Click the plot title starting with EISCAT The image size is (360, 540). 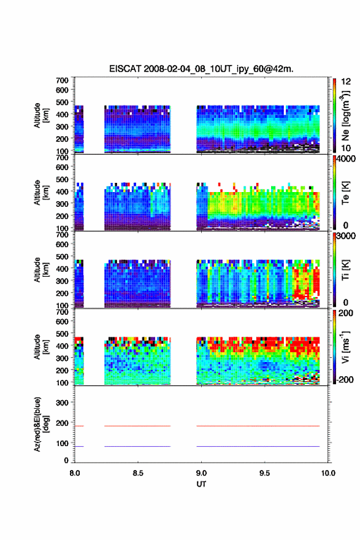(x=201, y=69)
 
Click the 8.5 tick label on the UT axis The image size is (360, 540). (x=138, y=473)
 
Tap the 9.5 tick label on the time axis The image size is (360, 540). (x=265, y=473)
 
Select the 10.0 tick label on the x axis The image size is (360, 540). (x=328, y=473)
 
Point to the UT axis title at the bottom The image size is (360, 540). (x=201, y=484)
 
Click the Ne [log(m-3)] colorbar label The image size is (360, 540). (x=345, y=115)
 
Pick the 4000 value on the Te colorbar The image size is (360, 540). (x=346, y=159)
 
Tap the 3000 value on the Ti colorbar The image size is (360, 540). (x=346, y=236)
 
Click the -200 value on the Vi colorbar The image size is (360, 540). (x=345, y=379)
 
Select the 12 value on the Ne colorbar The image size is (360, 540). (x=346, y=82)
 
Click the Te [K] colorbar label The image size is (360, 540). (x=345, y=193)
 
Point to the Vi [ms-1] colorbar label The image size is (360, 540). (x=345, y=347)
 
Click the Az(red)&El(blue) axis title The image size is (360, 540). (x=40, y=424)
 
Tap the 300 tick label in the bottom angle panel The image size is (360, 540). (x=62, y=403)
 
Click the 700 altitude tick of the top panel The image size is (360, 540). (x=62, y=80)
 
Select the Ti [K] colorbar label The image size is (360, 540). (x=345, y=270)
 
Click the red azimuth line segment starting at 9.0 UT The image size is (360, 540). (x=258, y=426)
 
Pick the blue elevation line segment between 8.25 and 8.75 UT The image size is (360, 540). (x=137, y=446)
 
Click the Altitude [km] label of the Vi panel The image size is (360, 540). (x=40, y=347)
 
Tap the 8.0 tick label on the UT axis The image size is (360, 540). (x=75, y=473)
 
